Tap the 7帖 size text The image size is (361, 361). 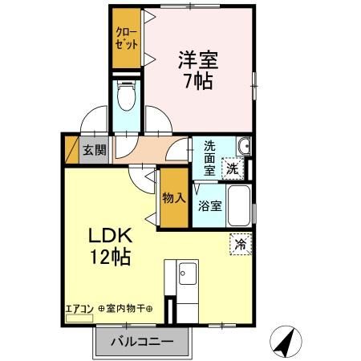[197, 82]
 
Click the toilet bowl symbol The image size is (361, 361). [126, 97]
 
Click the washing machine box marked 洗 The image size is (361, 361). [231, 168]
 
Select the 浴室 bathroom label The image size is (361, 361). [210, 205]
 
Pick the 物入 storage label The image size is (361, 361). [172, 197]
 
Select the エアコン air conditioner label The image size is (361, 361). [79, 309]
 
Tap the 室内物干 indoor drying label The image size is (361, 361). [129, 309]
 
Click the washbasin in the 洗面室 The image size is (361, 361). [245, 145]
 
